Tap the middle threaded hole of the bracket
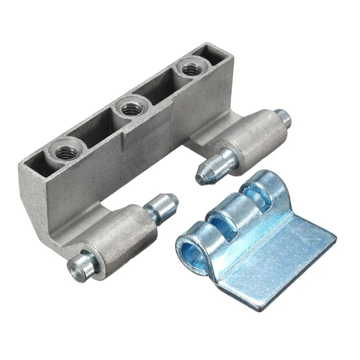(130, 108)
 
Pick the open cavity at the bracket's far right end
(211, 54)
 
